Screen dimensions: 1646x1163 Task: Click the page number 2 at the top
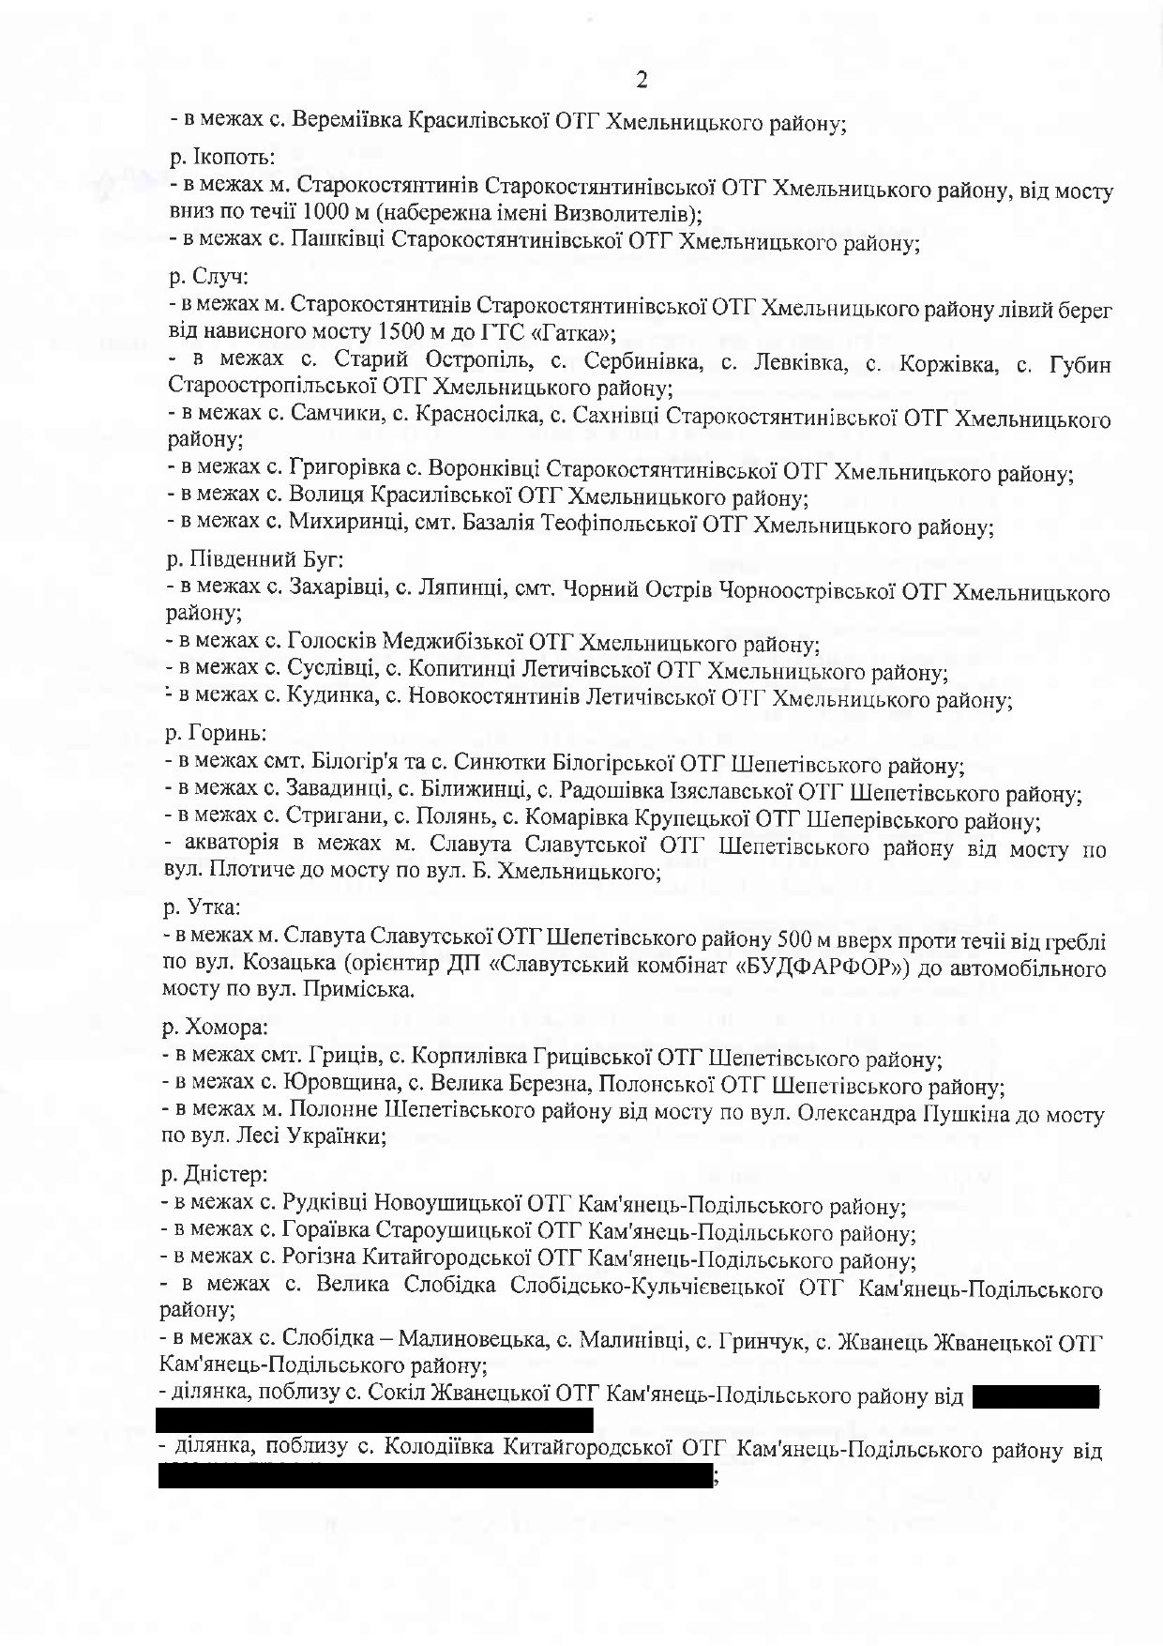pyautogui.click(x=642, y=81)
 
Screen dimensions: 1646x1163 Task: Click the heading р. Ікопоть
pyautogui.click(x=221, y=157)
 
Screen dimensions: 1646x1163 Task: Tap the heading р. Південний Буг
pyautogui.click(x=254, y=560)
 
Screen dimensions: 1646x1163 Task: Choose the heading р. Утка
pyautogui.click(x=202, y=907)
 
